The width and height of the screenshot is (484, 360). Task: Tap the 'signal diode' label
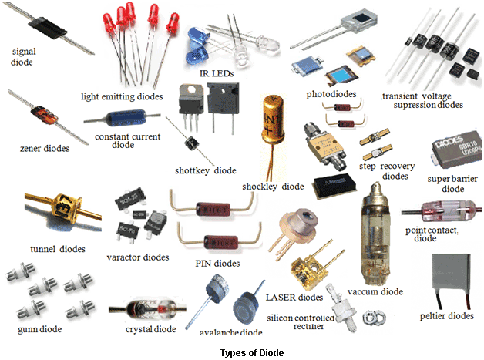23,56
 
